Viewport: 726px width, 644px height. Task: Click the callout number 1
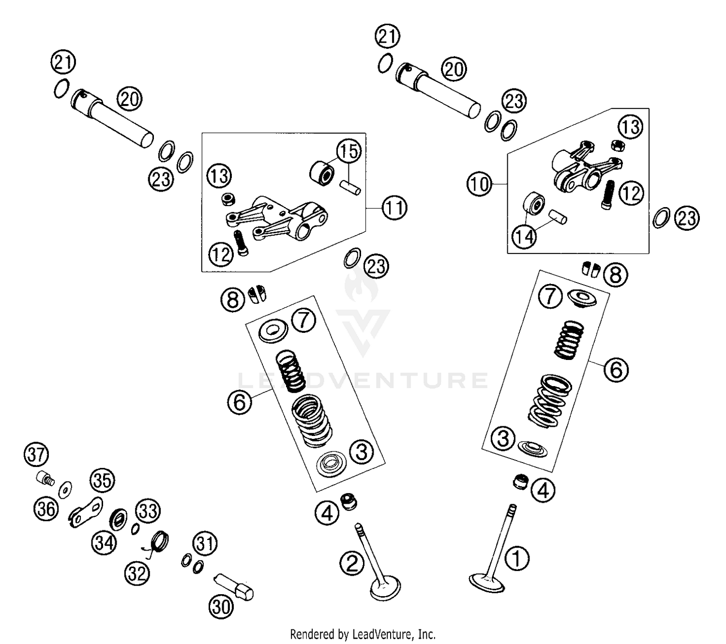pos(517,558)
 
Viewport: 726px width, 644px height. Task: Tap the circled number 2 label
pos(352,563)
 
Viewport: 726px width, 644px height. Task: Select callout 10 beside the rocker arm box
pos(479,184)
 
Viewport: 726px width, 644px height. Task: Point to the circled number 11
pos(394,208)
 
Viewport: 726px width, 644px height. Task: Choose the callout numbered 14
pos(525,236)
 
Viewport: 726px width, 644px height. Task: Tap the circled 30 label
pos(221,606)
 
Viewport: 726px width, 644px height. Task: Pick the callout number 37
pos(36,455)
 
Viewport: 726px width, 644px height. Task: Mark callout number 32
pos(137,573)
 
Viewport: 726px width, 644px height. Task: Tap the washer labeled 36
pos(65,490)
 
